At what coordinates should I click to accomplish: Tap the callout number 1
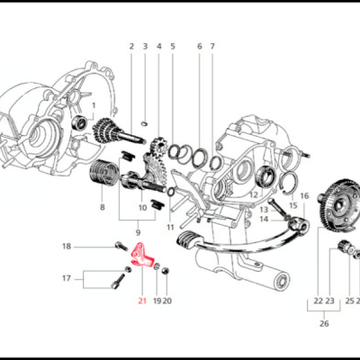click(94, 105)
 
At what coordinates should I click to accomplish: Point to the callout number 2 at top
click(130, 46)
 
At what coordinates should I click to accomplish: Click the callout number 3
click(144, 46)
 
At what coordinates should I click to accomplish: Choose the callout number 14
click(264, 219)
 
